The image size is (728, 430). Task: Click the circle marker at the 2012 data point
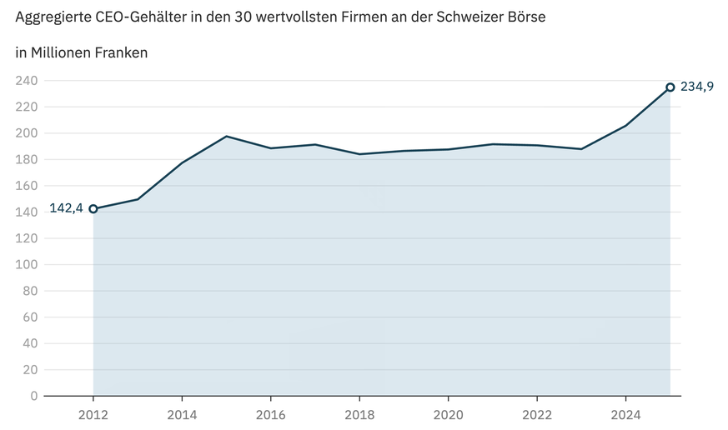[93, 208]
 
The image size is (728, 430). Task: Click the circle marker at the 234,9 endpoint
[670, 87]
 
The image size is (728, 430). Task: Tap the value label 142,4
[66, 208]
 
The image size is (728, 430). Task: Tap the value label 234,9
[697, 87]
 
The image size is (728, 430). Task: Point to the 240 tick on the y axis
[27, 81]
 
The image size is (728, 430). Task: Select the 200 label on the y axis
[27, 133]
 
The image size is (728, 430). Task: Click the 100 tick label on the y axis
[27, 264]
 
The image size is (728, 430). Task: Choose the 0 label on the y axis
[33, 396]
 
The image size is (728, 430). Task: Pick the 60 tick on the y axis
[30, 317]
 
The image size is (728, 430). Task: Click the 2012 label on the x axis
[93, 414]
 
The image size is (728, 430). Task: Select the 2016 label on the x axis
[271, 414]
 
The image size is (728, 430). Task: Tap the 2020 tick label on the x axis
[449, 414]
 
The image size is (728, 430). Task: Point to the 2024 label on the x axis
[625, 414]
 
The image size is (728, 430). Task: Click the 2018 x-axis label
[359, 414]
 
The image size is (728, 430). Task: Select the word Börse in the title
[526, 17]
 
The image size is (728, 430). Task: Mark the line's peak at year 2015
[227, 136]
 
